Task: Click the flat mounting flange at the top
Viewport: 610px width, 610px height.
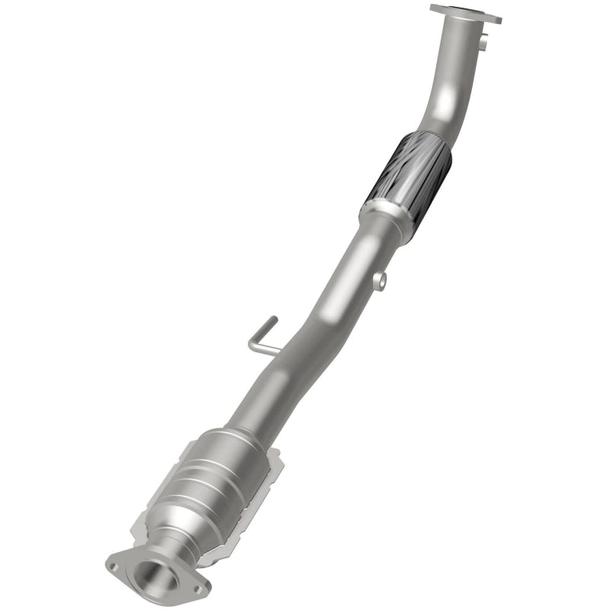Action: click(x=466, y=13)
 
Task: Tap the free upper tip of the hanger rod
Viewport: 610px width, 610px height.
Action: click(x=273, y=320)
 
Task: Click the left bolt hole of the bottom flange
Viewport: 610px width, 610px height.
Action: click(x=114, y=566)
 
